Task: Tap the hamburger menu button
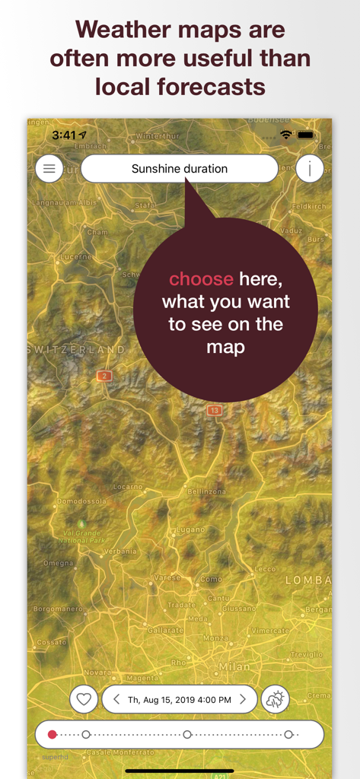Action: pos(49,169)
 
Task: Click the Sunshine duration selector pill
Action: pos(180,169)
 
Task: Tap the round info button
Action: pos(310,169)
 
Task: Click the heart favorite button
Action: pos(84,699)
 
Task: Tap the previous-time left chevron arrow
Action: pos(116,699)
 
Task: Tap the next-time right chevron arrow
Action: pos(243,699)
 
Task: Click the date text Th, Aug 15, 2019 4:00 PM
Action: pos(179,699)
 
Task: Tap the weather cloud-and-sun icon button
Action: pos(275,699)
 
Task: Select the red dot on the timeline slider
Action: pos(52,735)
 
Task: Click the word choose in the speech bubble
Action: pos(201,279)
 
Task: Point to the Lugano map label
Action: pos(189,529)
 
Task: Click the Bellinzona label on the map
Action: pos(207,491)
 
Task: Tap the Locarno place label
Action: pos(127,487)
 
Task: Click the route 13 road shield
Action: pos(215,410)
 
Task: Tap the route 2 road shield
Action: pos(104,376)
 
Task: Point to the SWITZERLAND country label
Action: pos(76,349)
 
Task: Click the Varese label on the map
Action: pos(167,577)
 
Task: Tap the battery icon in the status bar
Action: pos(306,135)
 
